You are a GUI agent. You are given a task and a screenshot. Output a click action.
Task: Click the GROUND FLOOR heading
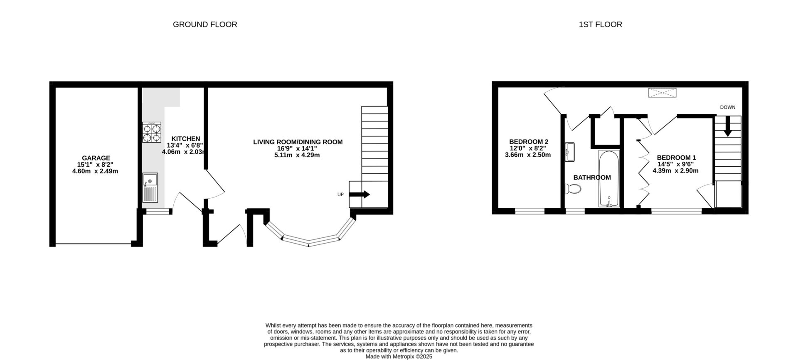click(205, 25)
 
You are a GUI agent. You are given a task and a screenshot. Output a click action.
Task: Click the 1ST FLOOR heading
click(600, 25)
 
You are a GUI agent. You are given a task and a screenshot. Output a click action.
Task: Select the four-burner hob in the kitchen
click(152, 133)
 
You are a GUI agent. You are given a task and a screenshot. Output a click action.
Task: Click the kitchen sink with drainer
click(150, 188)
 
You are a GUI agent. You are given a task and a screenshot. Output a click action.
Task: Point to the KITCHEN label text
click(186, 139)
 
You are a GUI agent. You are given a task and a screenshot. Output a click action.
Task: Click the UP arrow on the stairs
click(360, 194)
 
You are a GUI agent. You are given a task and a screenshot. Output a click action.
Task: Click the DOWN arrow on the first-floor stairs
click(727, 126)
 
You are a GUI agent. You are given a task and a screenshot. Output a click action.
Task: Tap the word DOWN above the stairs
click(727, 107)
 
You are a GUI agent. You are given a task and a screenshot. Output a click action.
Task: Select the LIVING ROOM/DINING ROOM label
click(298, 142)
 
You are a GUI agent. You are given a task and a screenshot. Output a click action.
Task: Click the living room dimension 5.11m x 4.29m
click(298, 155)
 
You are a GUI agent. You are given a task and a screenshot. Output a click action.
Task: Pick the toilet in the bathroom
click(573, 189)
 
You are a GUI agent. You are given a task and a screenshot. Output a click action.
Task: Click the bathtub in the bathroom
click(609, 179)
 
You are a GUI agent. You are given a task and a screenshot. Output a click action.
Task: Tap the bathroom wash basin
click(570, 151)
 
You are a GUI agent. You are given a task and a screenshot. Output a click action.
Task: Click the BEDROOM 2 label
click(528, 141)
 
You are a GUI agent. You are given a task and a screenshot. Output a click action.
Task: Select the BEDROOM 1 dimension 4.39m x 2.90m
click(676, 171)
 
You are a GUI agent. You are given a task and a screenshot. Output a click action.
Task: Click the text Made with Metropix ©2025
click(399, 357)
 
